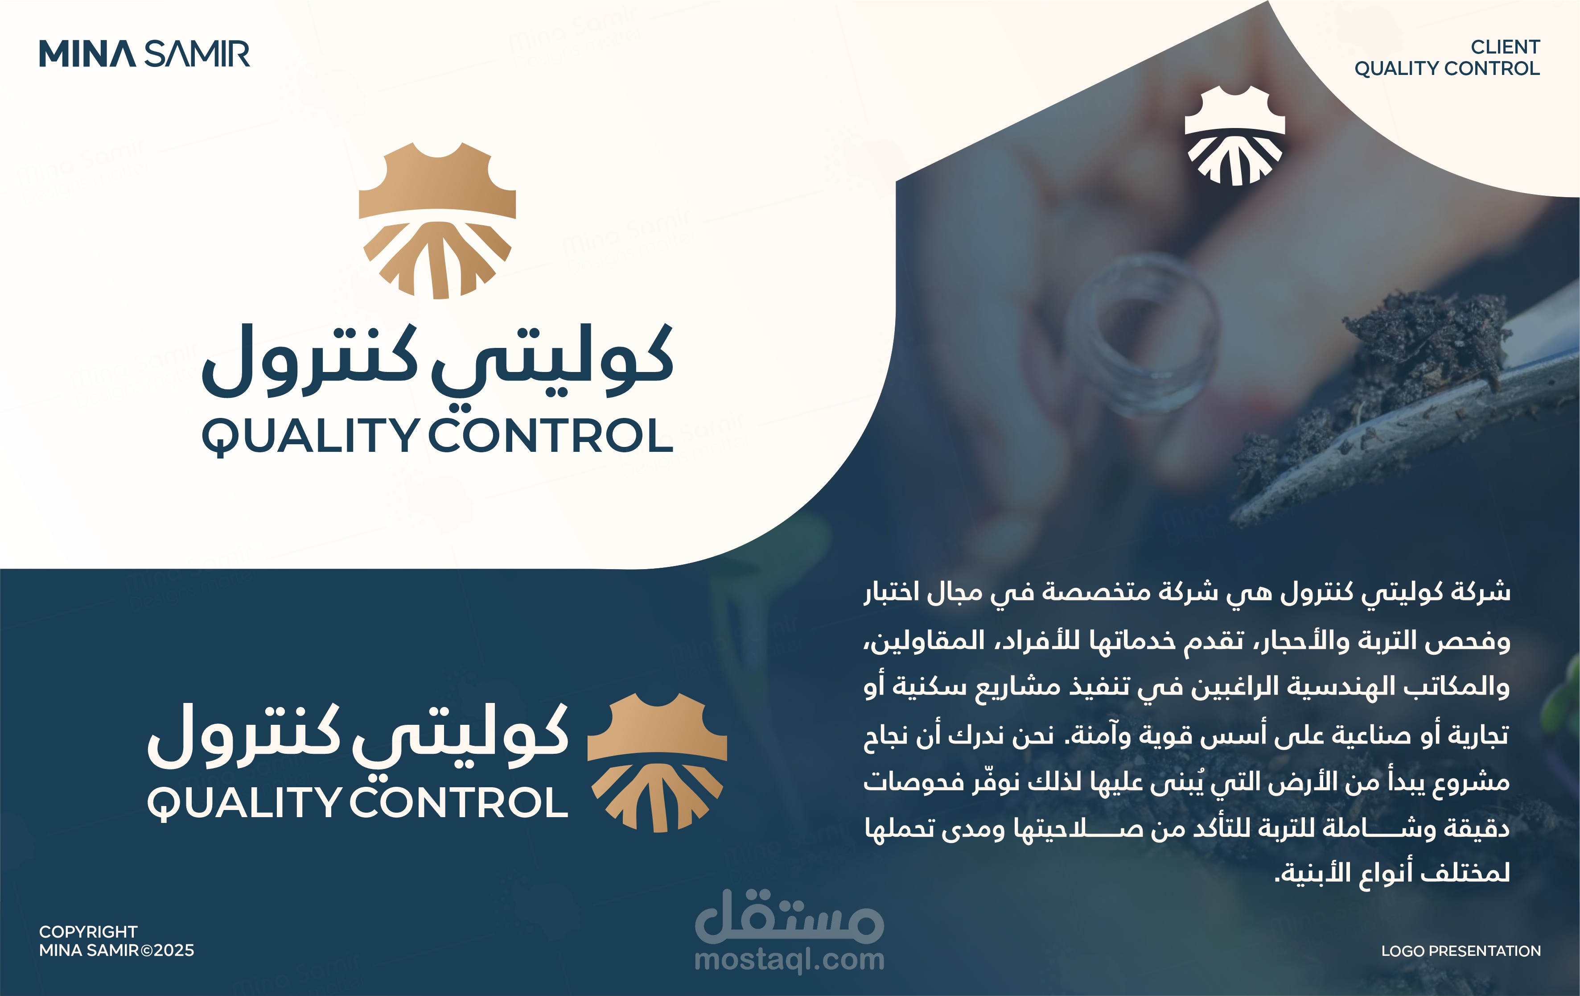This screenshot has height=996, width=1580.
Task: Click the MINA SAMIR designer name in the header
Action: click(x=144, y=54)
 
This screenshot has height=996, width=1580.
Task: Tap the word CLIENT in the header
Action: click(x=1505, y=47)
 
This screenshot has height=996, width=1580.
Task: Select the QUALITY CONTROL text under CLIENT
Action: click(x=1447, y=68)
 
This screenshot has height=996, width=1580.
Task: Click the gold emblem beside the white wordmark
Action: click(x=657, y=762)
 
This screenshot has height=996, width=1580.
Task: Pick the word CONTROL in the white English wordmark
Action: click(x=459, y=802)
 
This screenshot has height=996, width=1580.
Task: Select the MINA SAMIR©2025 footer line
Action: click(x=117, y=950)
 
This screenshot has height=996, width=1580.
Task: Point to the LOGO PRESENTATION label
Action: click(x=1461, y=951)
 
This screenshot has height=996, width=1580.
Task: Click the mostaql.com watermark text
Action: click(x=790, y=960)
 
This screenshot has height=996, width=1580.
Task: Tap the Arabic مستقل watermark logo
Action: click(x=790, y=916)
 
